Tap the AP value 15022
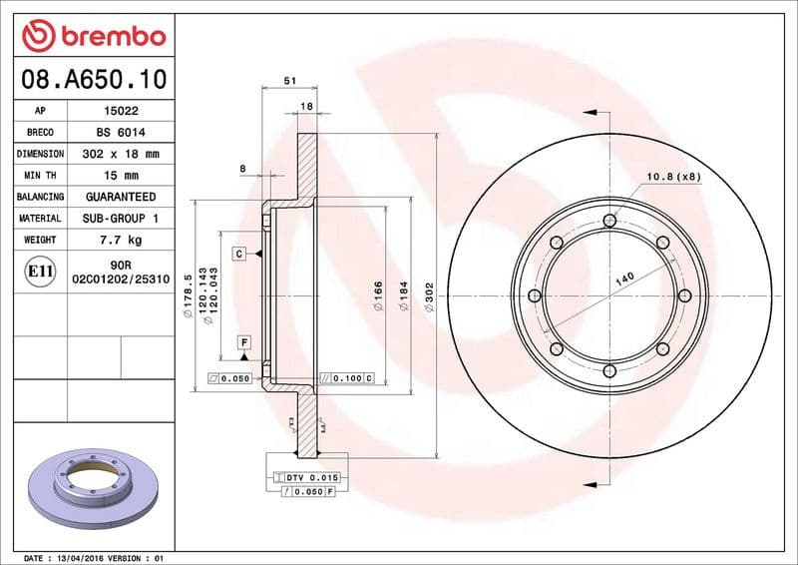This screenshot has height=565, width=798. coord(121,111)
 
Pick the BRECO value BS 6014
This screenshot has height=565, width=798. coord(121,133)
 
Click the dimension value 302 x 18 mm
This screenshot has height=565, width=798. coord(121,154)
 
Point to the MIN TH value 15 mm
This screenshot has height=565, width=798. coord(121,176)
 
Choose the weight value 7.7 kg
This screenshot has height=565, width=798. coord(121,240)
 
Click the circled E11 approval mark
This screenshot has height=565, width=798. coord(40,271)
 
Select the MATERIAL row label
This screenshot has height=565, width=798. coord(40,218)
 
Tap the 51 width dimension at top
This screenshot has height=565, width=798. coord(289,81)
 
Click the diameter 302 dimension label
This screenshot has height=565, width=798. coord(430,296)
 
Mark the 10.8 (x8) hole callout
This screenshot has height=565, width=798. coord(674,177)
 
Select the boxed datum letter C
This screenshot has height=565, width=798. coord(240,254)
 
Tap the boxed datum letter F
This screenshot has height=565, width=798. coord(243,342)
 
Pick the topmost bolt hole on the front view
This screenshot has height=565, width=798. coord(609,220)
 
